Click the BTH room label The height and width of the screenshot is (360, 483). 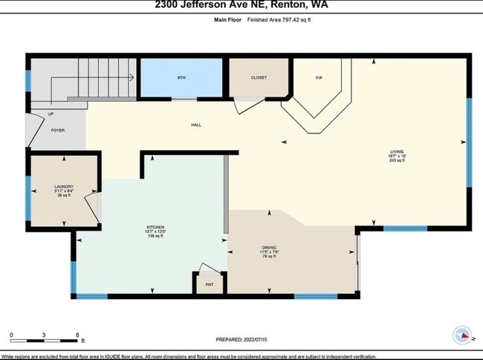tap(181, 78)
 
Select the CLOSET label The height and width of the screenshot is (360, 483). tap(259, 77)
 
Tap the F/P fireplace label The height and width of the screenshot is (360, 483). tap(319, 78)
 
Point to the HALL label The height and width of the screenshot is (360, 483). tap(197, 125)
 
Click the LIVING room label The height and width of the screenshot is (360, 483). tap(398, 151)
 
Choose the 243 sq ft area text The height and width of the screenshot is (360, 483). tap(398, 161)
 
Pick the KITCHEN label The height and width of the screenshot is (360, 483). tap(155, 226)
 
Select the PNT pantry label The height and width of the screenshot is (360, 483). tap(209, 284)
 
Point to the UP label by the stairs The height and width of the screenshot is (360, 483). tap(51, 114)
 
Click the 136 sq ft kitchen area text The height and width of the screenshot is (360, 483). tap(155, 236)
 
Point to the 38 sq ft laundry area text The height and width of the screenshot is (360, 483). tap(63, 196)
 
